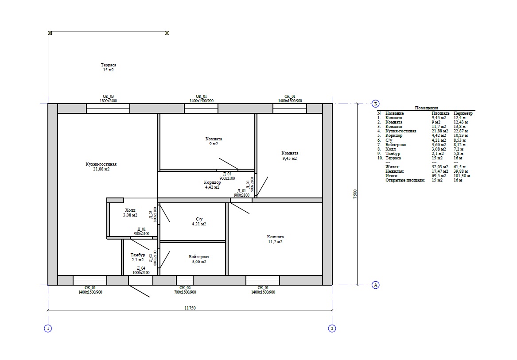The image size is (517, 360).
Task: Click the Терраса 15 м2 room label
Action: click(109, 68)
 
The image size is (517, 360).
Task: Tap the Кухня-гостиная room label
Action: click(101, 166)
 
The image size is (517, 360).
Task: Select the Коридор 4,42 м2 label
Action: click(212, 185)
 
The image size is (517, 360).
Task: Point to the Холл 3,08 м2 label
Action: click(130, 213)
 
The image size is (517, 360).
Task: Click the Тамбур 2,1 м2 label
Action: click(137, 257)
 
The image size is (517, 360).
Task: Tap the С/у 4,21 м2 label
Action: click(199, 221)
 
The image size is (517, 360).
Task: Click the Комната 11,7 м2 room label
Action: click(275, 239)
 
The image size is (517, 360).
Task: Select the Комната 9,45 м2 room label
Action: click(290, 155)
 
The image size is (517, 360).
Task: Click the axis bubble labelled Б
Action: click(375, 104)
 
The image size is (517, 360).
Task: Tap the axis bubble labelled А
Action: click(375, 285)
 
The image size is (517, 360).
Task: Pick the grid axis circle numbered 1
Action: click(48, 329)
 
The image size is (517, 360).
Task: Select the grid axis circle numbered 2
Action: click(332, 329)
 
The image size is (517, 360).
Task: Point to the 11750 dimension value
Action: click(190, 308)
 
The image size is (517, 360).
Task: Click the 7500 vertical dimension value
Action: click(355, 194)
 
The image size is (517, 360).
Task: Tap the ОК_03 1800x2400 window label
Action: click(109, 99)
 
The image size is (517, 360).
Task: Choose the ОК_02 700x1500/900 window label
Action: click(185, 290)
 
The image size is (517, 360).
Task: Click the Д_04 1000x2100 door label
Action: click(141, 270)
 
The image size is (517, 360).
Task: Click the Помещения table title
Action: click(426, 108)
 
